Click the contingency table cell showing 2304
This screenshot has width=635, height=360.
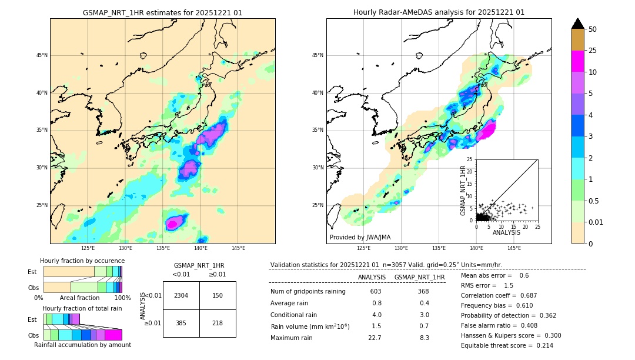coord(181,295)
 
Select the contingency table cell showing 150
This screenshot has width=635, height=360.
coord(218,295)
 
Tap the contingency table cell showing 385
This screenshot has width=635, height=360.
coord(181,324)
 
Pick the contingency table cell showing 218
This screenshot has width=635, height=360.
coord(218,324)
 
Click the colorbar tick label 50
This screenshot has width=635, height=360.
coord(593,29)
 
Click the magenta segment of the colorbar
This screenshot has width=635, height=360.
coord(578,61)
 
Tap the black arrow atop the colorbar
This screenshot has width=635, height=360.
coord(578,24)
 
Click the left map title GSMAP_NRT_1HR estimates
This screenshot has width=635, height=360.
coord(162,12)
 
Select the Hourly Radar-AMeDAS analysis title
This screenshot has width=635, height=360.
coord(439,12)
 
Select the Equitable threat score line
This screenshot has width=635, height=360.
coord(507,345)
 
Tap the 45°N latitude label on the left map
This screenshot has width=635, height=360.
coord(42,55)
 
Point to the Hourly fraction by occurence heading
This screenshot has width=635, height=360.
coord(82,261)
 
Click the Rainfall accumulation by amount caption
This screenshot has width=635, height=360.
coord(82,345)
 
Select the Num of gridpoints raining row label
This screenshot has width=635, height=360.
coord(308,292)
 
